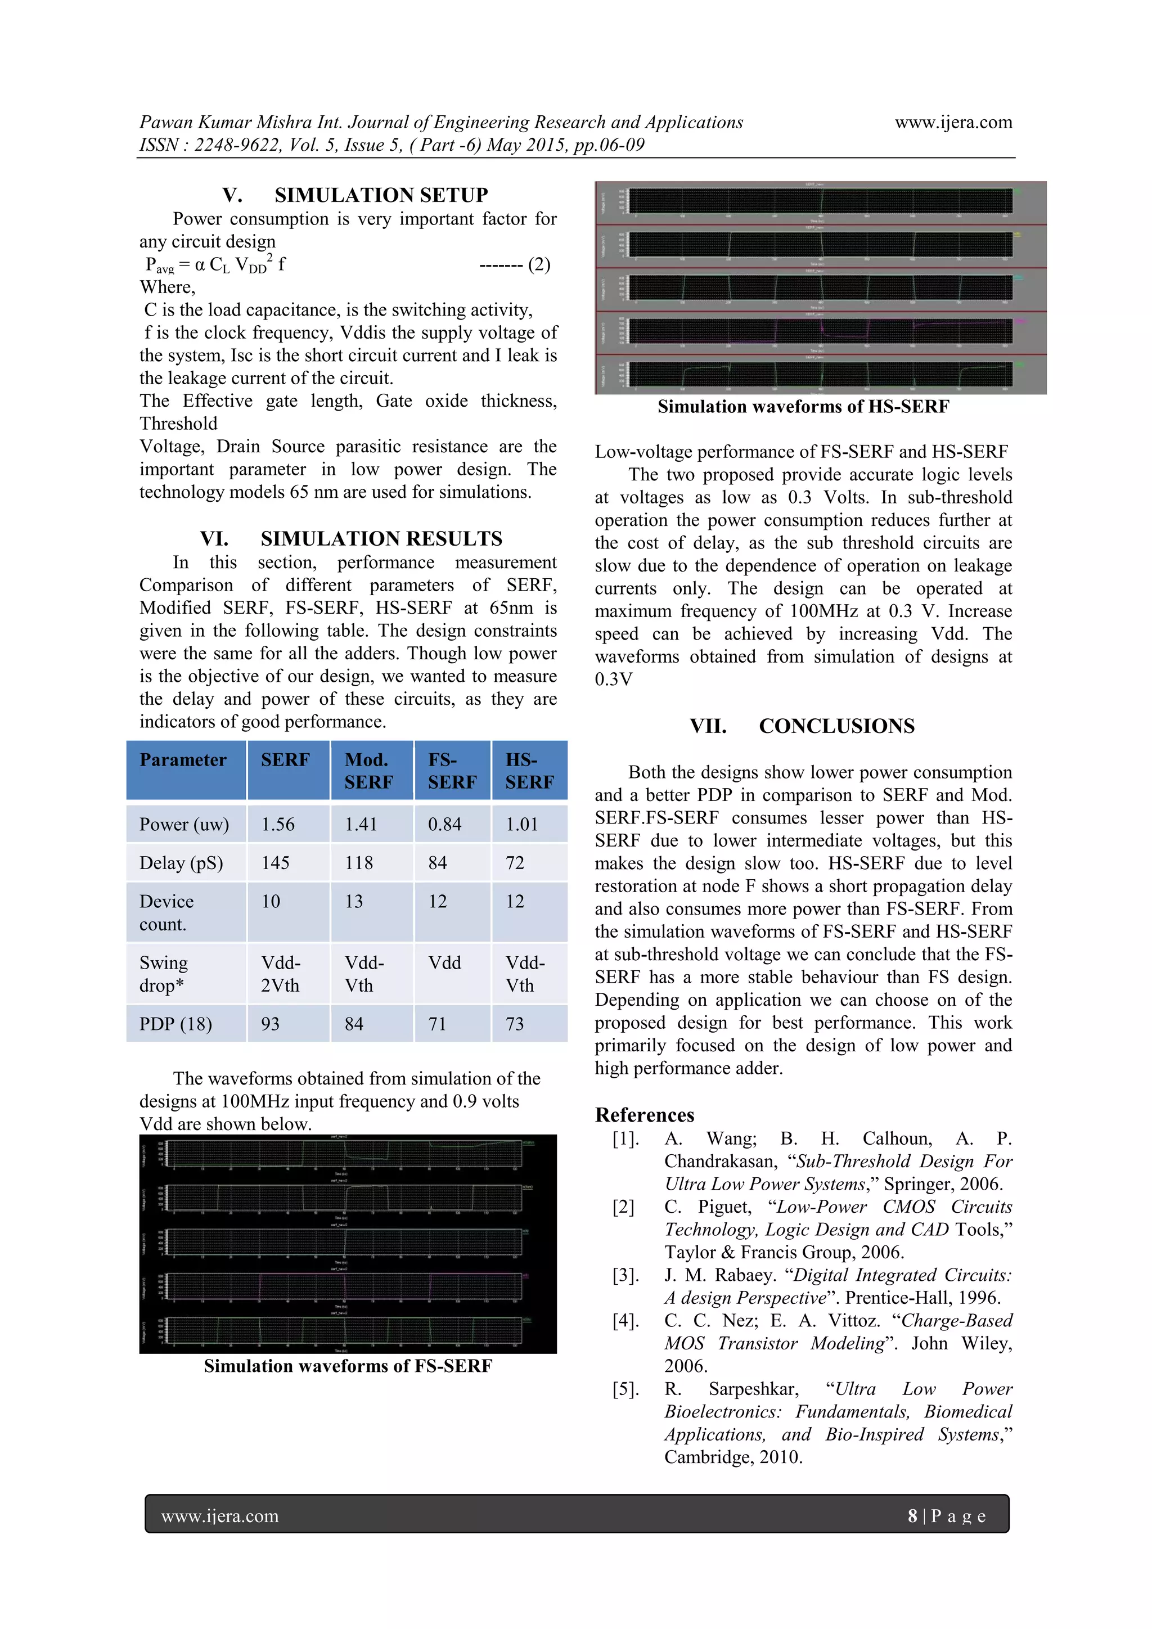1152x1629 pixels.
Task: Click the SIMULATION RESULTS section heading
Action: coord(381,538)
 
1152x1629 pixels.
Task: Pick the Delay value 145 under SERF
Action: coord(275,863)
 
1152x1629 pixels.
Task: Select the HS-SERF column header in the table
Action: coord(529,771)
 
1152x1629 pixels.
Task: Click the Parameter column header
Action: coord(183,760)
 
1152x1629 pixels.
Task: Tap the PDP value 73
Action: coord(515,1024)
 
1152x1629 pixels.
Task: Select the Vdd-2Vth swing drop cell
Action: coord(280,974)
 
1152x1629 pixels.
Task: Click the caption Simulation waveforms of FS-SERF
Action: coord(348,1366)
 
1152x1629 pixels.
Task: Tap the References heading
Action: coord(644,1115)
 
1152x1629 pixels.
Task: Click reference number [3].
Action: coord(625,1276)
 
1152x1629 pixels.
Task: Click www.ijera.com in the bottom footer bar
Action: coord(220,1516)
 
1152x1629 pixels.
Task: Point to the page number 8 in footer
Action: coord(912,1516)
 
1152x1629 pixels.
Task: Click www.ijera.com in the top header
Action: coord(953,122)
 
